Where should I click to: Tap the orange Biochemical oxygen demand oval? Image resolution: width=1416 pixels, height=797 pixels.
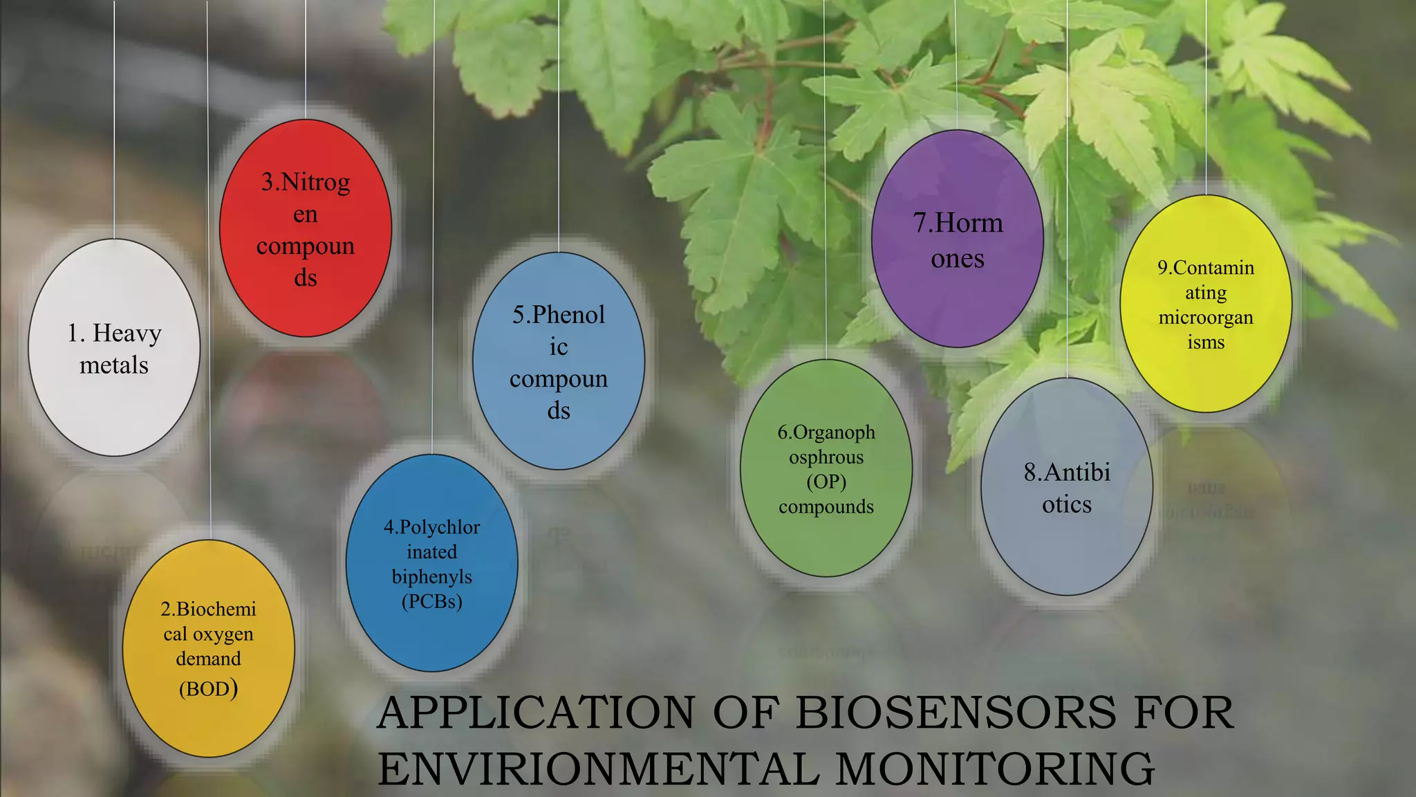pyautogui.click(x=208, y=726)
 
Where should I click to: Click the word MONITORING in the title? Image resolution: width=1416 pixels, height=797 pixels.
pyautogui.click(x=995, y=769)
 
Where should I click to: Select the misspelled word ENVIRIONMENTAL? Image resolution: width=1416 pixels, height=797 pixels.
pyautogui.click(x=598, y=769)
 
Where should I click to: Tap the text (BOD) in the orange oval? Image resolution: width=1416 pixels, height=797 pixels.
pyautogui.click(x=208, y=689)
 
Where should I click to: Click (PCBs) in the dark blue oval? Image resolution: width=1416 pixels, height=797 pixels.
pyautogui.click(x=431, y=601)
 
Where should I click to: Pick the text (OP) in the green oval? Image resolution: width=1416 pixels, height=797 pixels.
pyautogui.click(x=826, y=482)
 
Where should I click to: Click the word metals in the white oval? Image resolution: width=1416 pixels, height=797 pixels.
pyautogui.click(x=114, y=365)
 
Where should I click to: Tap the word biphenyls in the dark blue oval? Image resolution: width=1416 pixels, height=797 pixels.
pyautogui.click(x=431, y=576)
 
